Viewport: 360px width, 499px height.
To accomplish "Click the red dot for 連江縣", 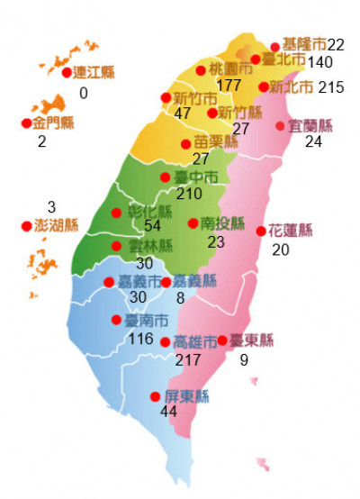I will click(x=66, y=73).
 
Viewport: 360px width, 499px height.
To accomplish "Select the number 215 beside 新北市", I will click(x=331, y=87).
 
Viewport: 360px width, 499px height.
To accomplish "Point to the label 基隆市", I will click(x=303, y=44).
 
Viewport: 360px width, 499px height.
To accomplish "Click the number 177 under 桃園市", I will click(x=230, y=85).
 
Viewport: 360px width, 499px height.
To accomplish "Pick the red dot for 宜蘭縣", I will click(x=280, y=126).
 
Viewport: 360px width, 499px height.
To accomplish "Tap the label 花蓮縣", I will click(x=291, y=231).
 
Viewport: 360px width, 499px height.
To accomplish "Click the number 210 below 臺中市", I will click(x=190, y=194).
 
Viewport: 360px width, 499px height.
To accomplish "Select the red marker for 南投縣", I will click(x=193, y=223).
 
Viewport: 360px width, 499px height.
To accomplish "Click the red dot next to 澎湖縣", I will click(x=25, y=226).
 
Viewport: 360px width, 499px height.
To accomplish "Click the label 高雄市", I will click(x=195, y=342).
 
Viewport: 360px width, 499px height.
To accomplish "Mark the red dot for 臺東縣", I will click(x=222, y=340).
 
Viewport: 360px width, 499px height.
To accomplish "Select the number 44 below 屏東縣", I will click(x=167, y=412).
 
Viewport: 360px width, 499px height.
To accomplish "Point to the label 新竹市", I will click(x=194, y=98).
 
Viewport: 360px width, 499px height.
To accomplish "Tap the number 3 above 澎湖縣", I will click(x=51, y=207).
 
